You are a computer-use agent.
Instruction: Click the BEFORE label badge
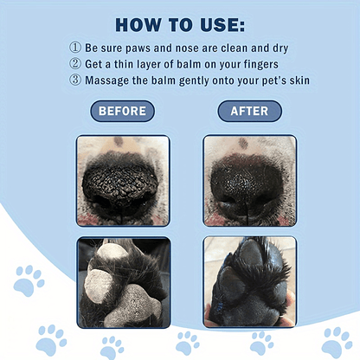tap(122, 112)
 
